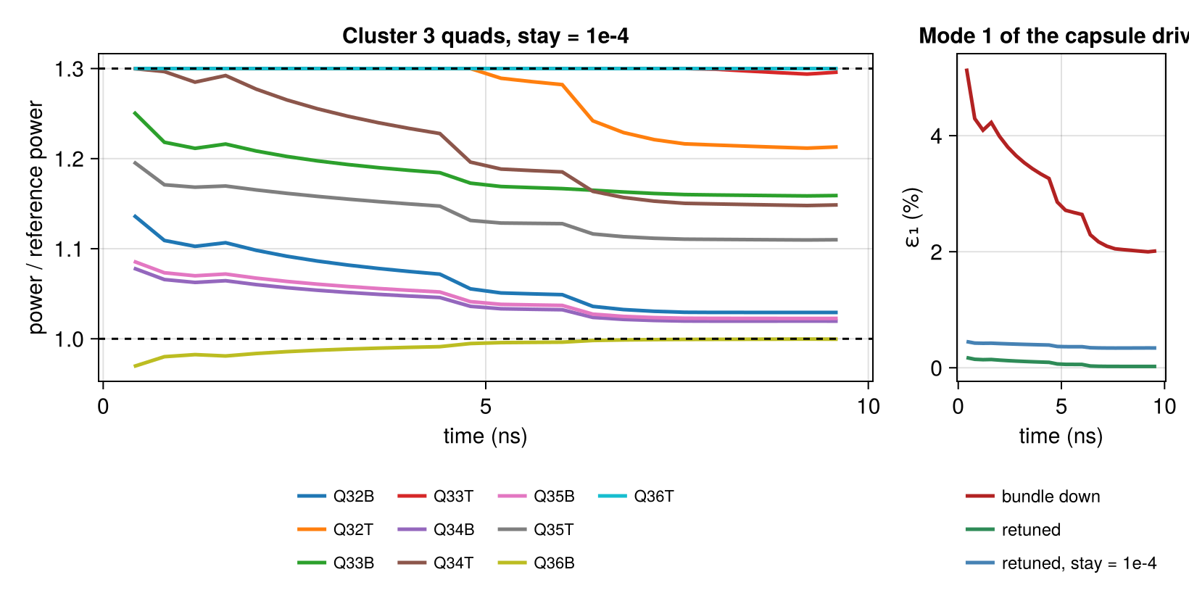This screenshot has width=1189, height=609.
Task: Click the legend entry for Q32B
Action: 336,497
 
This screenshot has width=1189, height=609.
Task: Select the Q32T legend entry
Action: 336,530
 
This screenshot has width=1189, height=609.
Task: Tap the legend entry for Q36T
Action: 636,497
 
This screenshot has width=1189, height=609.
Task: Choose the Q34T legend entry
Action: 436,563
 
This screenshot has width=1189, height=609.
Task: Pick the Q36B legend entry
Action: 536,563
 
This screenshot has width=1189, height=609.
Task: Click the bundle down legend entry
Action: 1033,497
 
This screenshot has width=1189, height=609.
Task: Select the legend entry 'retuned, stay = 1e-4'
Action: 1061,563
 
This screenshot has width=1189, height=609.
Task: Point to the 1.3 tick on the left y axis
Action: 70,69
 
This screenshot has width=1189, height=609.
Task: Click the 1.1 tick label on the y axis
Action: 70,249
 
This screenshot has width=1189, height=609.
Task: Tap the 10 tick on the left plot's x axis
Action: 869,407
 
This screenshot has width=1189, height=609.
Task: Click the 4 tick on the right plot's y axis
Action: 937,136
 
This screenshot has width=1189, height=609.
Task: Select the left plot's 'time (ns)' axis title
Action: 485,436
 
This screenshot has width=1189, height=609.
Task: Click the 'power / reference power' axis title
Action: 36,217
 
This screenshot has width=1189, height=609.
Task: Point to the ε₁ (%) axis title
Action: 912,217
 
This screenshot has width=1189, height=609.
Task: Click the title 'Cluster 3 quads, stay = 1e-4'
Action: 485,36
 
